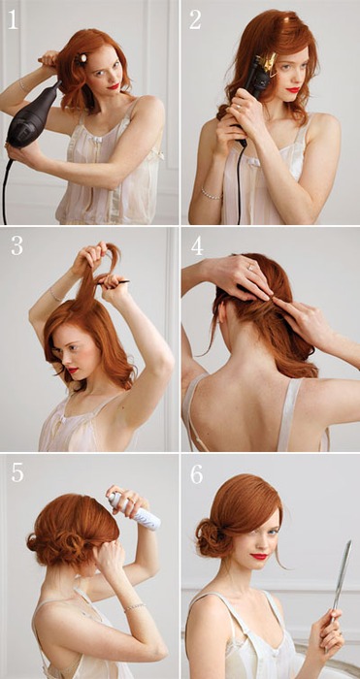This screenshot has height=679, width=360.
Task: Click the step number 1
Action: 13,20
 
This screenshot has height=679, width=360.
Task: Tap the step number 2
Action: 195,20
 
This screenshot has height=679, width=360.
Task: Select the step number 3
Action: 16,246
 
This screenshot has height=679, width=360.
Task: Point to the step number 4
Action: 197,246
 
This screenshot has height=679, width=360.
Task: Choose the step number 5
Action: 17,473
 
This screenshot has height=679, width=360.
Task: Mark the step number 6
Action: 197,474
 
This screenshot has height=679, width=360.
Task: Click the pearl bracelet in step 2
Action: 212,194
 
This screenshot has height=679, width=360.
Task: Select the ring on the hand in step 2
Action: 239,105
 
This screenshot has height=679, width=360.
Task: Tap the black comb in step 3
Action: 114,283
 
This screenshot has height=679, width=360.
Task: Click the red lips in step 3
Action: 73,371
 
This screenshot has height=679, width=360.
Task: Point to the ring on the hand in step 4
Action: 250,268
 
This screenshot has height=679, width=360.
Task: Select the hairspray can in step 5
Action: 135,511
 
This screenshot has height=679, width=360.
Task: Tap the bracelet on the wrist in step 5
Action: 135,607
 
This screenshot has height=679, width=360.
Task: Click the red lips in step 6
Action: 259,557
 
